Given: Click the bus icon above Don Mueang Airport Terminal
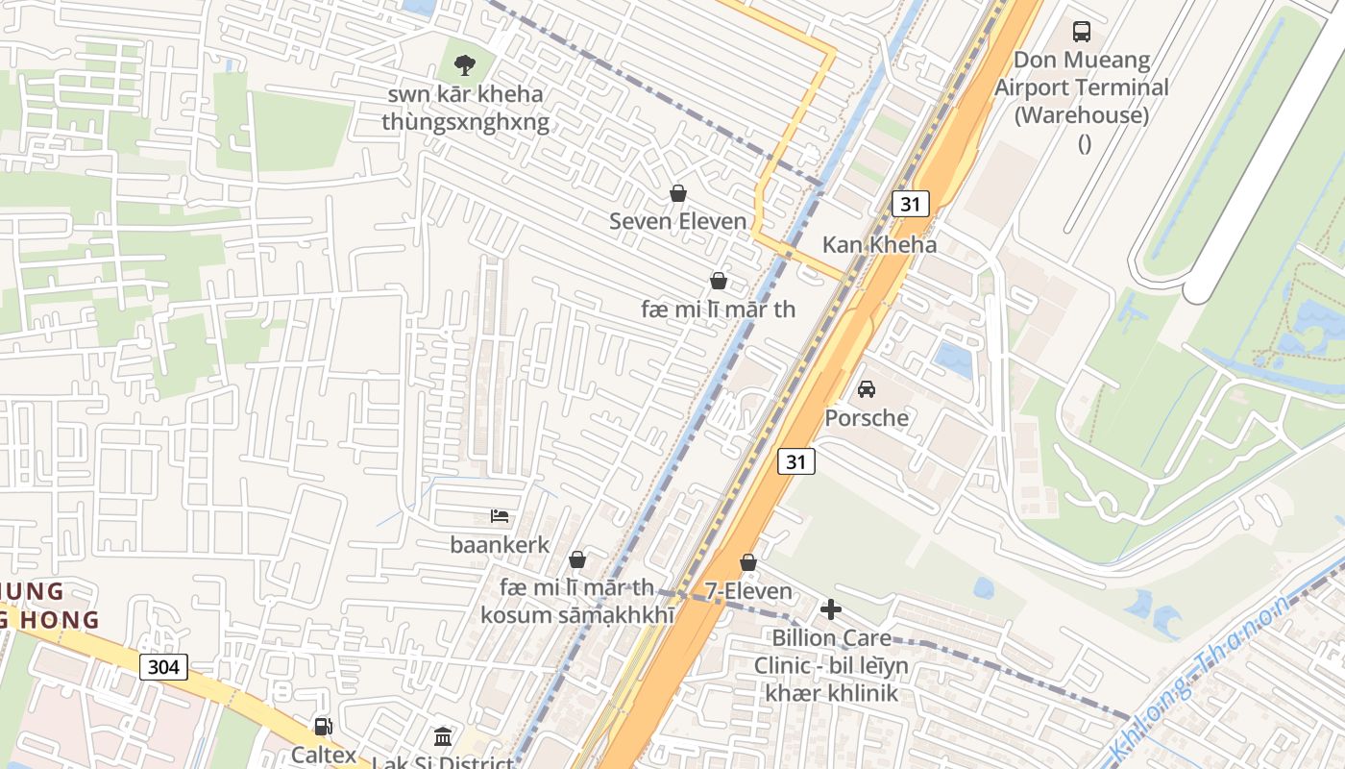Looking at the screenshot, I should pos(1082,32).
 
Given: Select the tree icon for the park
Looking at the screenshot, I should pos(465,65).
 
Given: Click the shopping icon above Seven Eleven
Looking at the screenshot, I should pos(678,193).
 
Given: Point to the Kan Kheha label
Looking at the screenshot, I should pos(879,244).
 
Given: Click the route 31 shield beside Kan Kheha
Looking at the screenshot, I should pos(910,203).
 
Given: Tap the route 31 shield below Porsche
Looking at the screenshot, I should pos(796,461).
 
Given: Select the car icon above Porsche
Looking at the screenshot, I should pos(867,389).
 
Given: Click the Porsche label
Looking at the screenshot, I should pos(867,418).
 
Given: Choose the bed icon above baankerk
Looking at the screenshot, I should pos(500,516).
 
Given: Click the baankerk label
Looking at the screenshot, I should pos(500,545).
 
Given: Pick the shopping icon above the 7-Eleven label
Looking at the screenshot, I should pos(748,562).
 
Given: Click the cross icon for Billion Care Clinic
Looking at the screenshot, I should pos(831,609).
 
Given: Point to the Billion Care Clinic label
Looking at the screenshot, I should pos(831,665).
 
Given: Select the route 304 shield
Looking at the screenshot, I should pos(163,666).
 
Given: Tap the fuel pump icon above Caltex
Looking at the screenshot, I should pos(324,727).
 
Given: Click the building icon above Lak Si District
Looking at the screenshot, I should pos(443,737).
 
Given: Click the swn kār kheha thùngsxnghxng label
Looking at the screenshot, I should pos(466,109).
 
